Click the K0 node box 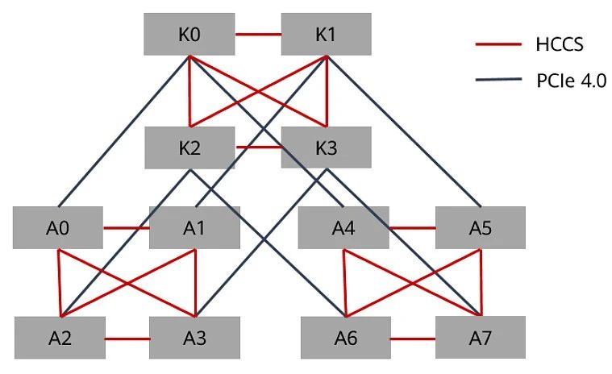189,35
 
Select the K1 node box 326,35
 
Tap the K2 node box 189,148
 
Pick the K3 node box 326,148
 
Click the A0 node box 58,227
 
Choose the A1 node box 194,227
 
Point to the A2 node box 60,338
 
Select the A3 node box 194,338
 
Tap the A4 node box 344,227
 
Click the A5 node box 480,227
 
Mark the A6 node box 346,338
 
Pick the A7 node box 480,338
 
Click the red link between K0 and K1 258,35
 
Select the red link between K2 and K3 258,148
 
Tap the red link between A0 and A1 127,227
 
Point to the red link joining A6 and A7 413,339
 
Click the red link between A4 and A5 413,227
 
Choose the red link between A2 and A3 127,339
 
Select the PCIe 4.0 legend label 568,81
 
